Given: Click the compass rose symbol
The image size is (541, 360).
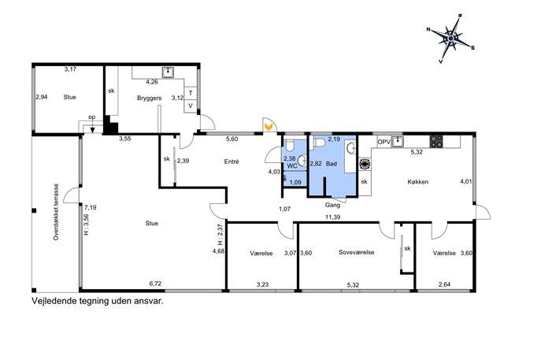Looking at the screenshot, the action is [x=450, y=38].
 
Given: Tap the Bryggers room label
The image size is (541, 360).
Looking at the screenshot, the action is [x=149, y=98].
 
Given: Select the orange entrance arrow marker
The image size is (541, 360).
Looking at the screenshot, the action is [x=269, y=126].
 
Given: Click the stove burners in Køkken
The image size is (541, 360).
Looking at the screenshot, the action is [x=436, y=141].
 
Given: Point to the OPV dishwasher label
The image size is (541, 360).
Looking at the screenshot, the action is [x=384, y=142].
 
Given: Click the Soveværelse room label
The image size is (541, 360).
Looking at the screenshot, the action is [x=357, y=252].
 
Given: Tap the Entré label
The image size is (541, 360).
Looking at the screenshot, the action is [x=232, y=161].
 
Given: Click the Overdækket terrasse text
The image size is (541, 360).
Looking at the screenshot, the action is [x=56, y=212].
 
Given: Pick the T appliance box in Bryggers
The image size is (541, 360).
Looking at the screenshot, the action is [x=191, y=93].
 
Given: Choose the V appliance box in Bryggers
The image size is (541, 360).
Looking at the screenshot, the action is [x=191, y=106].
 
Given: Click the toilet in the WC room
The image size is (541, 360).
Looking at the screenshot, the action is [x=289, y=146].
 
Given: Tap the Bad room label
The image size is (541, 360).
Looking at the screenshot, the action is [x=332, y=164].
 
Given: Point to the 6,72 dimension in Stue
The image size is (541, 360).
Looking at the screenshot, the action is [x=155, y=284].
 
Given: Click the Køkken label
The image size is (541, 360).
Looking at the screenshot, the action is [x=418, y=182].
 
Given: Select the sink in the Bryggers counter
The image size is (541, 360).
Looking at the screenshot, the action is [x=168, y=72].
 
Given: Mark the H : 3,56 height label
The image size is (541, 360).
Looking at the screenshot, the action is [x=87, y=225].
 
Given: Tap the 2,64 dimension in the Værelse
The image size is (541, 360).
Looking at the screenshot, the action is [x=445, y=284].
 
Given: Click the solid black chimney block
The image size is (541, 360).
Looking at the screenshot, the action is [x=110, y=125].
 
